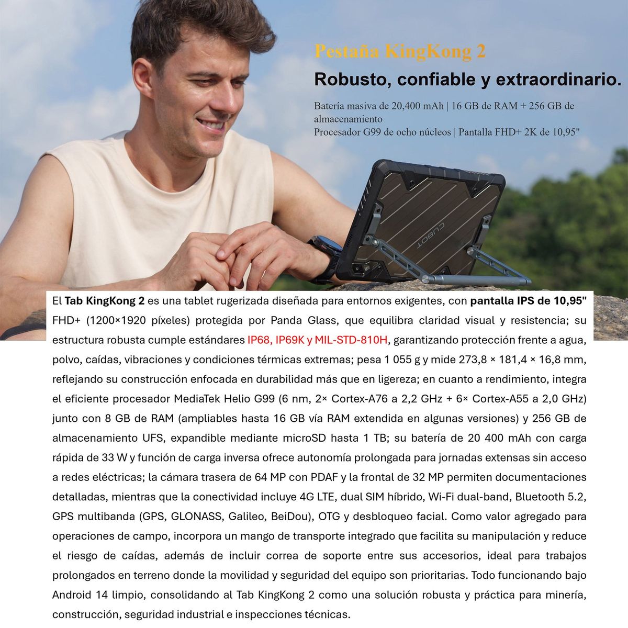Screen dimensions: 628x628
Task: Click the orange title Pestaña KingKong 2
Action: [400, 52]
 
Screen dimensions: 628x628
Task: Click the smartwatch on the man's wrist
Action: [324, 251]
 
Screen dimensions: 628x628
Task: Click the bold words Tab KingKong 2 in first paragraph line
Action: [105, 301]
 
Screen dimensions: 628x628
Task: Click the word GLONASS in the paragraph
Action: [197, 517]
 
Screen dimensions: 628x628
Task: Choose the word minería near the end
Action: [565, 595]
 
